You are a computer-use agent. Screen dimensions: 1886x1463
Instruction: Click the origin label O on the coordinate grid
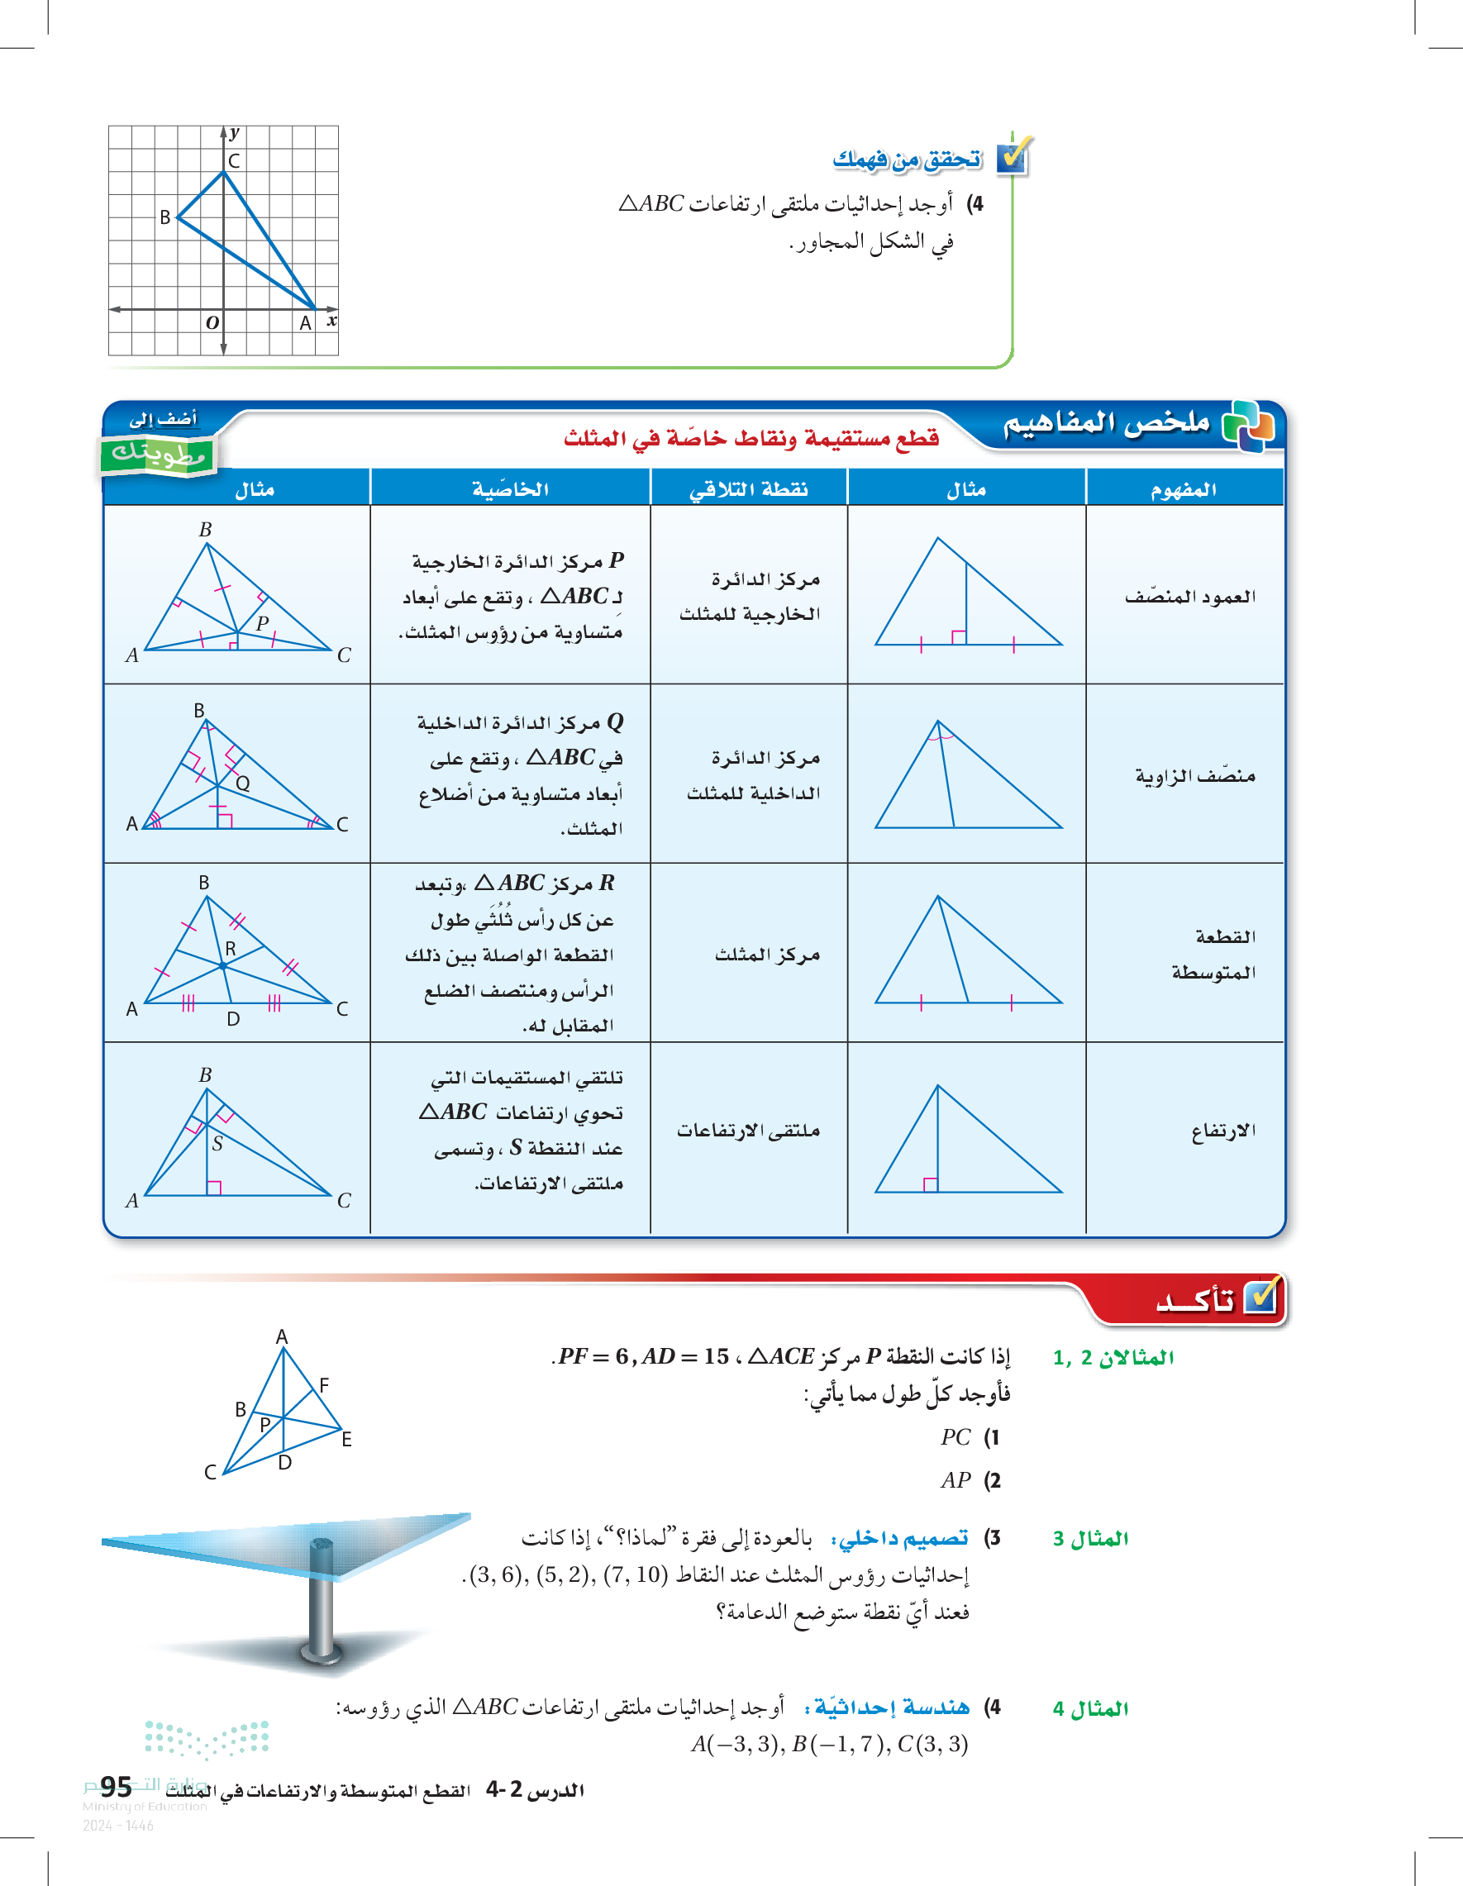pos(212,323)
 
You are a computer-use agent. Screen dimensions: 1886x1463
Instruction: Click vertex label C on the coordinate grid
pos(234,160)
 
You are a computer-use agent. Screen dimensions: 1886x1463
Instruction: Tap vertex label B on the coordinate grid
pos(165,217)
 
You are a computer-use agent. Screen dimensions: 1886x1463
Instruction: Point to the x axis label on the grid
pos(331,321)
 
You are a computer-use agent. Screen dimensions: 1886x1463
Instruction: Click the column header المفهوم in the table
pos(1183,489)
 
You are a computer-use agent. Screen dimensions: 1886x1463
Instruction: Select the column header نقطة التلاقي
pos(748,489)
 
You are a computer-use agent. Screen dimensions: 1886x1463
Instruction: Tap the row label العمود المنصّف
pos(1190,597)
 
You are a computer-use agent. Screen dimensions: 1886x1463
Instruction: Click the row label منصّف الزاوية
pos(1195,776)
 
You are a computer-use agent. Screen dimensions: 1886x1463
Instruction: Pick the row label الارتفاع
pos(1223,1131)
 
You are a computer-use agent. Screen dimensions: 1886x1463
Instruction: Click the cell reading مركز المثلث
pos(767,955)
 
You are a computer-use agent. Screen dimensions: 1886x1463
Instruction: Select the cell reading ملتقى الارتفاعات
pos(748,1131)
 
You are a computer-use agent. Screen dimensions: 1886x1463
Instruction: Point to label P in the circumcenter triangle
pos(263,622)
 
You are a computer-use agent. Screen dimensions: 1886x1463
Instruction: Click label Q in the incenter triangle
pos(244,783)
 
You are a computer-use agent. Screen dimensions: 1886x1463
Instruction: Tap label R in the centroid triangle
pos(231,948)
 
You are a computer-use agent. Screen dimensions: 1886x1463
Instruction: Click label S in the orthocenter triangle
pos(217,1144)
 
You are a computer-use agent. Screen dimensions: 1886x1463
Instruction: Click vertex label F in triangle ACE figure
pos(324,1385)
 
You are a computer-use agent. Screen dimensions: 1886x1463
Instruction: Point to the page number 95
pos(116,1786)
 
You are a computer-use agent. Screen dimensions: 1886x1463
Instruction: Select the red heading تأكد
pos(1196,1301)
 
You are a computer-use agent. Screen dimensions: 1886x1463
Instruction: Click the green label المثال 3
pos(1091,1539)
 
